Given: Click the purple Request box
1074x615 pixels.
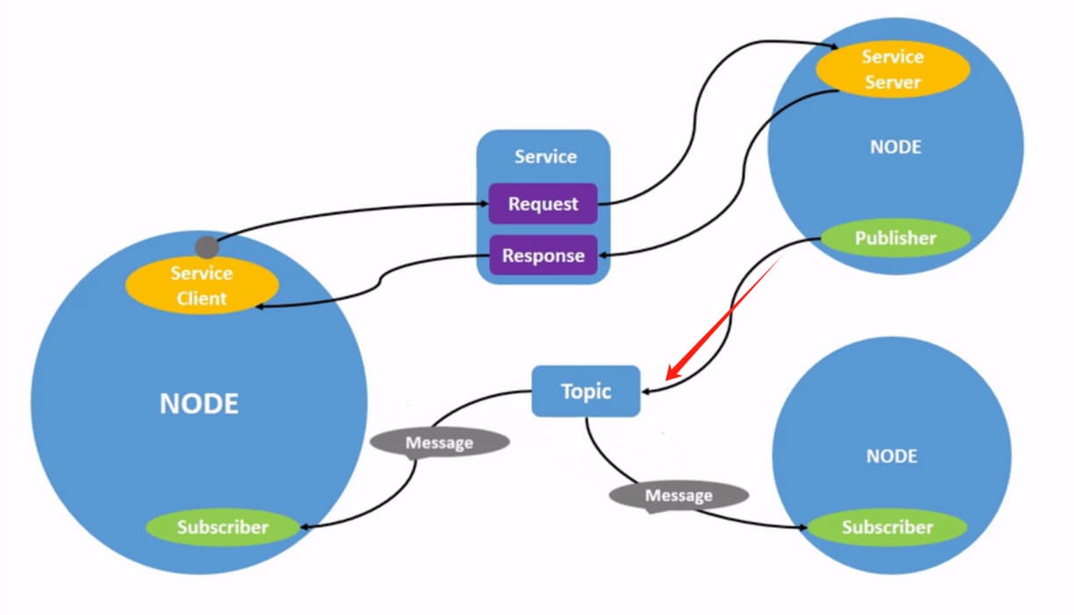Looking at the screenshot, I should tap(543, 204).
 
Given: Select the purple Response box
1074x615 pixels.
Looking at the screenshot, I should tap(543, 256).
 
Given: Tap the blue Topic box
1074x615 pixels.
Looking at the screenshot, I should tap(586, 391).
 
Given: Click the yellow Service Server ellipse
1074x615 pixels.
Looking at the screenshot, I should tap(892, 69).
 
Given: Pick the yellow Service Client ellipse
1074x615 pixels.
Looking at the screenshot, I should tap(202, 286).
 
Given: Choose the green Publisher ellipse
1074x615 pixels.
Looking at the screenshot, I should tap(895, 238).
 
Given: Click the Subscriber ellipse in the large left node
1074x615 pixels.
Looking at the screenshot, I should tap(222, 527).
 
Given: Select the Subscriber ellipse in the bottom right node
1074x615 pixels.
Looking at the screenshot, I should tap(886, 527).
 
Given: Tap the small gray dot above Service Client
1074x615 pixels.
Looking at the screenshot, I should tap(207, 247).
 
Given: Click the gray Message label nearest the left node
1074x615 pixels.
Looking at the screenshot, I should tap(439, 443).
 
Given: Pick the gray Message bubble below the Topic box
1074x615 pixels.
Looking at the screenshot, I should tap(679, 496).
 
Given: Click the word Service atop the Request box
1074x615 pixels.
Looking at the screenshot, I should tap(545, 157).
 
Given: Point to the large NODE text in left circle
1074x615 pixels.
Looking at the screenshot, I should tap(199, 404).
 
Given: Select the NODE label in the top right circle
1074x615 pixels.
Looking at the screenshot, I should tap(895, 147).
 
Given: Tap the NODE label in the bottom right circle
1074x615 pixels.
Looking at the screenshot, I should tap(891, 456).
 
